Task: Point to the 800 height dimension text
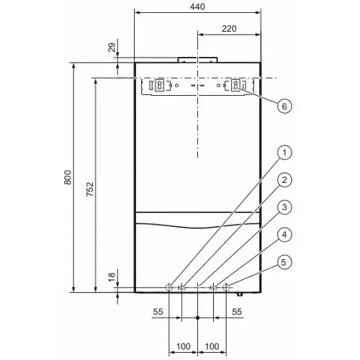[x=67, y=177]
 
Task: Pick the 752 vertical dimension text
[x=89, y=189]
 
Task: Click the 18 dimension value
[x=112, y=276]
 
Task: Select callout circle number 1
[x=285, y=153]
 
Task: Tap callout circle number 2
[x=285, y=180]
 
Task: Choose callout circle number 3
[x=285, y=207]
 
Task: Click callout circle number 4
[x=285, y=235]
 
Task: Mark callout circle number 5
[x=285, y=262]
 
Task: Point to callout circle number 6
[x=285, y=105]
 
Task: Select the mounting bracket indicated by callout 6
[x=237, y=87]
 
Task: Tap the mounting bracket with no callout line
[x=157, y=87]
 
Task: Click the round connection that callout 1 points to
[x=168, y=287]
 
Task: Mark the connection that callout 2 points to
[x=181, y=287]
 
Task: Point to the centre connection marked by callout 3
[x=197, y=287]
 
